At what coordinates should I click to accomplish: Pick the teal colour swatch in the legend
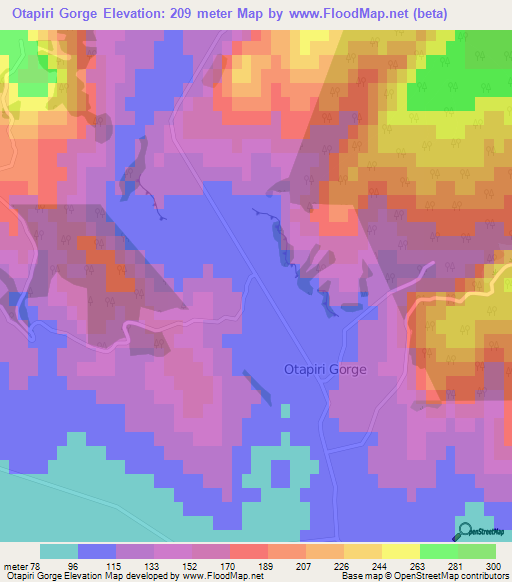[x=59, y=551]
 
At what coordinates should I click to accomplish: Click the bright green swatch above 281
[x=438, y=551]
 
